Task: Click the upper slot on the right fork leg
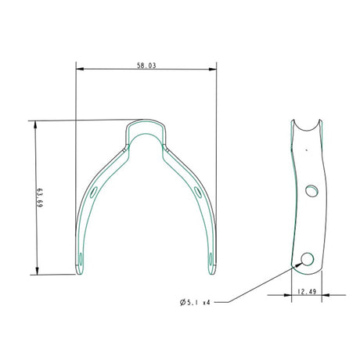[x=199, y=192]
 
